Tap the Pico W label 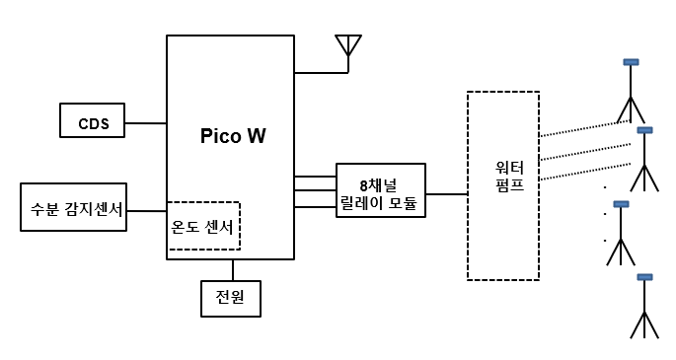pyautogui.click(x=233, y=136)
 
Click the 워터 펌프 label pyautogui.click(x=509, y=177)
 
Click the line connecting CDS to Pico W pyautogui.click(x=146, y=123)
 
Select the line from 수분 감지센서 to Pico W pyautogui.click(x=147, y=211)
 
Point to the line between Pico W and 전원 pyautogui.click(x=233, y=270)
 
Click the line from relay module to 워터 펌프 pyautogui.click(x=447, y=194)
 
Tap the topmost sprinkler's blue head pyautogui.click(x=631, y=62)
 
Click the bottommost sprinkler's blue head pyautogui.click(x=644, y=277)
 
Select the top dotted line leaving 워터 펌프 pyautogui.click(x=585, y=128)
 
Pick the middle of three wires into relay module pyautogui.click(x=315, y=190)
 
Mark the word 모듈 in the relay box pyautogui.click(x=403, y=202)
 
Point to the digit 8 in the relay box pyautogui.click(x=364, y=185)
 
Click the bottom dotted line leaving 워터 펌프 pyautogui.click(x=585, y=172)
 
